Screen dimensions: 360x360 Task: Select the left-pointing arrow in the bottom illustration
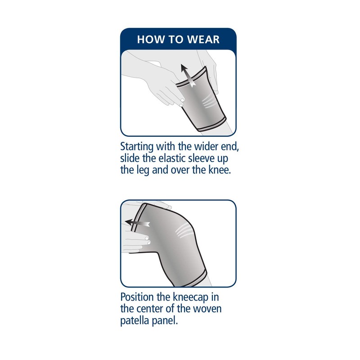138,222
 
